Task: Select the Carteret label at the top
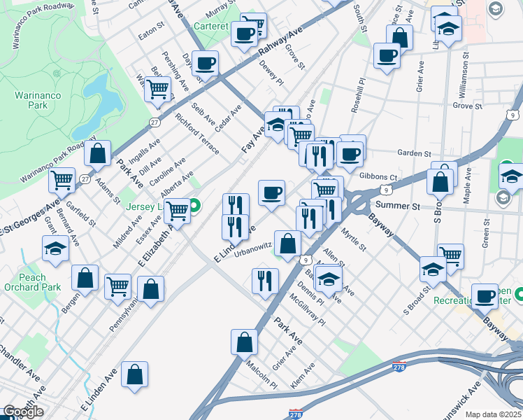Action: [x=212, y=27]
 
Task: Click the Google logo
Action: [x=22, y=412]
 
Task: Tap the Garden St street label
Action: [x=413, y=153]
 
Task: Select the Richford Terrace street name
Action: [x=197, y=134]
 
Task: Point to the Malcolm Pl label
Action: [x=261, y=374]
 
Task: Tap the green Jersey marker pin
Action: [x=196, y=206]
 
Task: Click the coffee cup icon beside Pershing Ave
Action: [x=205, y=63]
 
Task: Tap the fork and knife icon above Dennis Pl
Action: [x=265, y=281]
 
